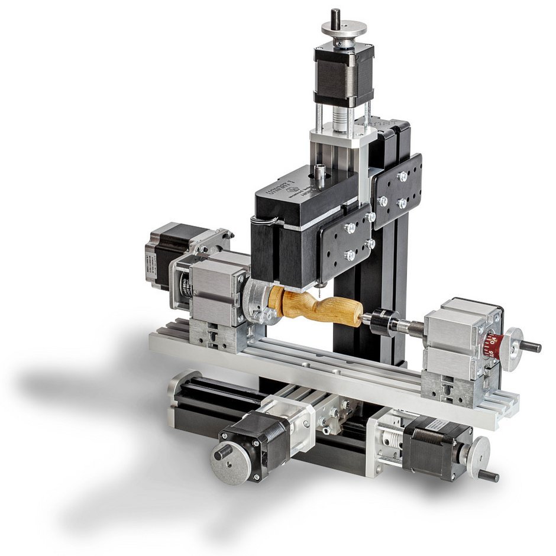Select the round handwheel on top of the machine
(344, 28)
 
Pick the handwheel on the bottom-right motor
(479, 455)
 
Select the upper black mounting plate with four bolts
(396, 190)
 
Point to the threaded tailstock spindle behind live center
(411, 326)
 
